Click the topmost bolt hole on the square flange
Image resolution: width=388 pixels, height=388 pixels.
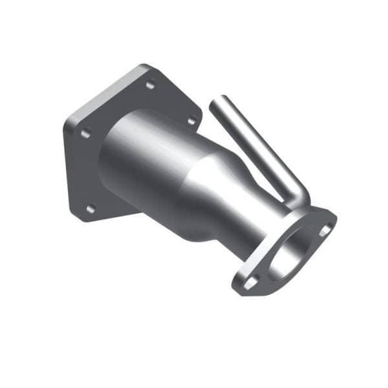(x=150, y=85)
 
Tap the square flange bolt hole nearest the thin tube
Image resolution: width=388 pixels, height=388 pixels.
(x=191, y=120)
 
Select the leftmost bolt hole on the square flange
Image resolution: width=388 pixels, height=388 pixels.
(x=84, y=134)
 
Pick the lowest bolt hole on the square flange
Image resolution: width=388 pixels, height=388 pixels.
(x=91, y=208)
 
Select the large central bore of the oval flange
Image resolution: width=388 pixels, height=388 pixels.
(x=288, y=255)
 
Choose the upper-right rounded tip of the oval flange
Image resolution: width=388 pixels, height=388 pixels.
(x=333, y=220)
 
